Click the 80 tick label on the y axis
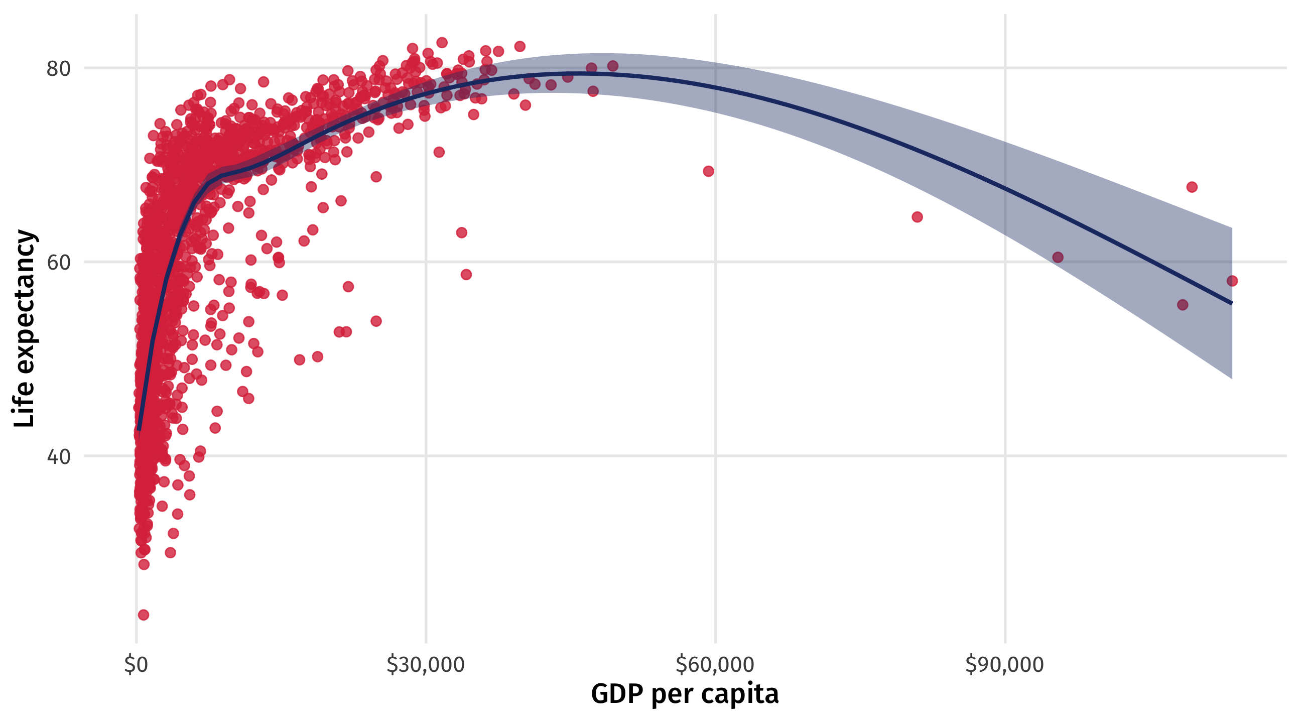(x=58, y=69)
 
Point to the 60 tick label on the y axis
(x=58, y=263)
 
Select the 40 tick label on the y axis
(x=58, y=457)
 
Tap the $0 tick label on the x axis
(x=136, y=665)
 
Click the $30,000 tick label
(x=425, y=665)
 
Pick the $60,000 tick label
(x=715, y=665)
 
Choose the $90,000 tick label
(x=1004, y=665)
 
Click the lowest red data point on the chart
(x=144, y=615)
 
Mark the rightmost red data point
(x=1232, y=281)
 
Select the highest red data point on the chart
(x=442, y=43)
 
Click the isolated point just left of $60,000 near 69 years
(x=709, y=171)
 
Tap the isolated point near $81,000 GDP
(x=917, y=217)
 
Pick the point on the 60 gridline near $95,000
(x=1058, y=257)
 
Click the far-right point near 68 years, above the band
(x=1192, y=187)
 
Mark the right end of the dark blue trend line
(x=1232, y=303)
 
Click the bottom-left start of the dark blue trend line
(x=139, y=429)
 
